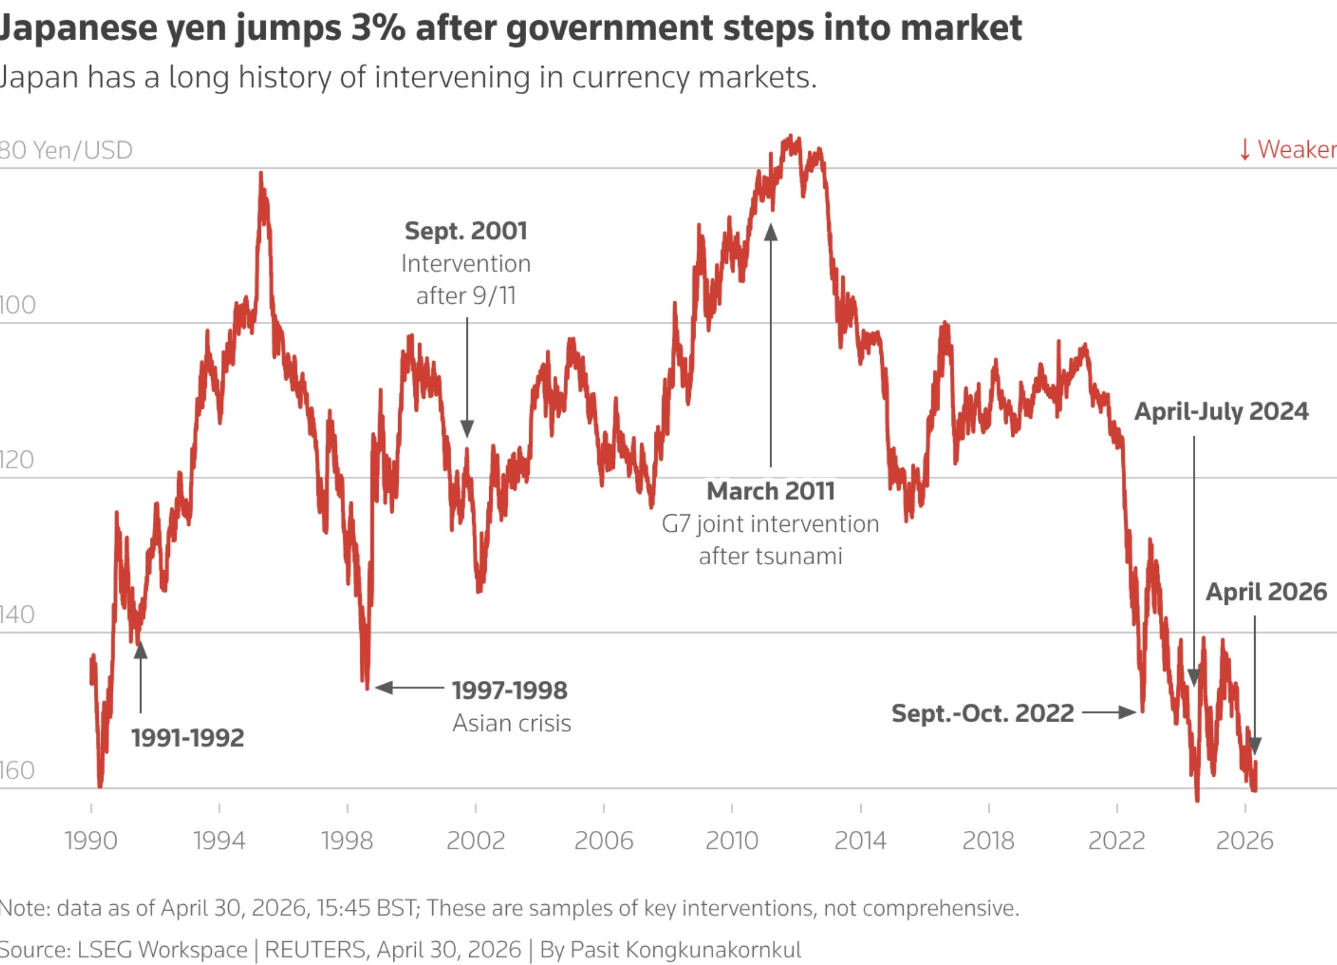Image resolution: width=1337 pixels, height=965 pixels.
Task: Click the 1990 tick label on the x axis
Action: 91,840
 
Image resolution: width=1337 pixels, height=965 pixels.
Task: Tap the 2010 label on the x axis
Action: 731,840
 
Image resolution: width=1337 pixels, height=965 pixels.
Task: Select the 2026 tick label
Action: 1245,840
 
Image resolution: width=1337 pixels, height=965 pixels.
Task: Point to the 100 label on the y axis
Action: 17,305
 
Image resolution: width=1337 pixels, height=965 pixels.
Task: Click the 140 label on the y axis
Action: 17,615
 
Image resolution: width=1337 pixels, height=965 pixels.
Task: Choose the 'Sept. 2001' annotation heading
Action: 466,231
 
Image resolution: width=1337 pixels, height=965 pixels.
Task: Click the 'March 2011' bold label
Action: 770,491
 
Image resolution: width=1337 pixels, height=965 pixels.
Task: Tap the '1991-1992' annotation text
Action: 188,738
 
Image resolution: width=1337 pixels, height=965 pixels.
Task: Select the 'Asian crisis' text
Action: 512,723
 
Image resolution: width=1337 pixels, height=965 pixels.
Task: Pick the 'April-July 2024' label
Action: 1221,411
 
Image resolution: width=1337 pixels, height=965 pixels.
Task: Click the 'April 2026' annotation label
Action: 1266,591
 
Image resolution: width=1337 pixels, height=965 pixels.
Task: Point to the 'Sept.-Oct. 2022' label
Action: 982,713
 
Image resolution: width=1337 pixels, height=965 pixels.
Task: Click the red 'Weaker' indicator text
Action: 1296,149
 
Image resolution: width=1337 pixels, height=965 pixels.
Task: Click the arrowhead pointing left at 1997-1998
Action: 384,687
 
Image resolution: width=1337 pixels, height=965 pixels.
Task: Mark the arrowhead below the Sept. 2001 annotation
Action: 467,429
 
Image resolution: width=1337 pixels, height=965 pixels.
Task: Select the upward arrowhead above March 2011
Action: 770,232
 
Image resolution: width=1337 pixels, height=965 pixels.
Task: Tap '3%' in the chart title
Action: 378,28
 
